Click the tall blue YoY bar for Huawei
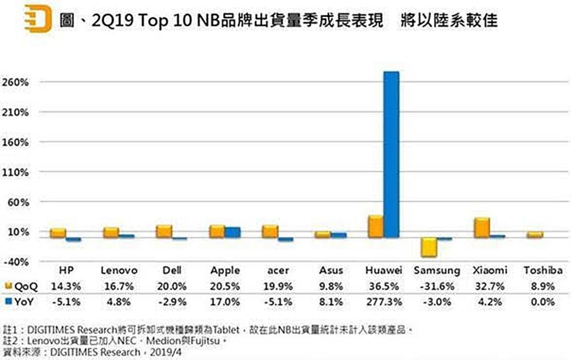(x=392, y=154)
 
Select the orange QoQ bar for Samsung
(x=428, y=247)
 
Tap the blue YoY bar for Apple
(x=233, y=232)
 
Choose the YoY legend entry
(x=21, y=301)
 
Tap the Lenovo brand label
(x=119, y=270)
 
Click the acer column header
(x=278, y=270)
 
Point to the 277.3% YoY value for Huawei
(x=384, y=301)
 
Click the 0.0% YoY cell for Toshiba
(x=543, y=301)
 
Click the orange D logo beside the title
(x=38, y=19)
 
